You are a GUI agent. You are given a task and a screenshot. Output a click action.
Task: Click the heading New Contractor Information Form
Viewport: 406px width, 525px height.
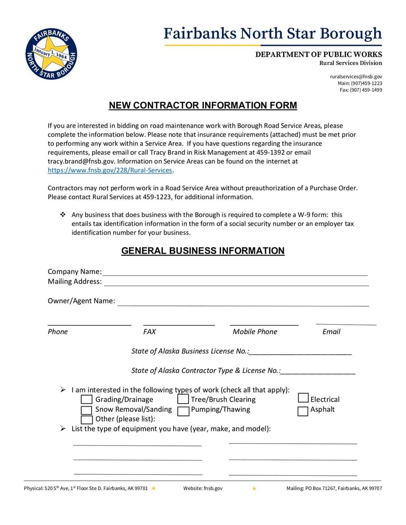[202, 106]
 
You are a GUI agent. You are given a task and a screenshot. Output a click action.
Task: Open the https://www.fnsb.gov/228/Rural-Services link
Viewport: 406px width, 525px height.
[110, 170]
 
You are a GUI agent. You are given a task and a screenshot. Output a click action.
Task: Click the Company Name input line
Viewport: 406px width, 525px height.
[235, 272]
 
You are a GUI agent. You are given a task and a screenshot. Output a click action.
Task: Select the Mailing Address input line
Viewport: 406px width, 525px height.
[236, 283]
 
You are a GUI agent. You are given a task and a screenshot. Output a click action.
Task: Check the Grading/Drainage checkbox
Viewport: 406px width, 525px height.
[87, 400]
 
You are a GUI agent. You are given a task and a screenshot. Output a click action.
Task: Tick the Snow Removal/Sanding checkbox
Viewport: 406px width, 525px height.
[87, 410]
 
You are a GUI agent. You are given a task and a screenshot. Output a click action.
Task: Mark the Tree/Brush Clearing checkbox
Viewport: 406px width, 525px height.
[183, 400]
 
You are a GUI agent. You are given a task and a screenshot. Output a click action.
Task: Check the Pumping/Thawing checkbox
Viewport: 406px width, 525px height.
[183, 410]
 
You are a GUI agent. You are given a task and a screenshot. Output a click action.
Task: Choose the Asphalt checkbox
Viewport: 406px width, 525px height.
[303, 410]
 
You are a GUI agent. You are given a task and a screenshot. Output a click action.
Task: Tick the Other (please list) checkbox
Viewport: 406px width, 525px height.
[87, 419]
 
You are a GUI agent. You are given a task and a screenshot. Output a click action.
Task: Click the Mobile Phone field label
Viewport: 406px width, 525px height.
[255, 332]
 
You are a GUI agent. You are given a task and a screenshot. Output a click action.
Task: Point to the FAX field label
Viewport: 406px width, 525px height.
[150, 332]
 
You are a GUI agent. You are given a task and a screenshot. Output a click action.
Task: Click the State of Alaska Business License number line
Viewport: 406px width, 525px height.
[300, 352]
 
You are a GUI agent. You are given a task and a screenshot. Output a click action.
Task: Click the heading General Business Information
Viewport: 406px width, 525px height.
[202, 251]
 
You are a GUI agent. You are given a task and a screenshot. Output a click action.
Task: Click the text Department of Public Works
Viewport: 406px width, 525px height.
[318, 54]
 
